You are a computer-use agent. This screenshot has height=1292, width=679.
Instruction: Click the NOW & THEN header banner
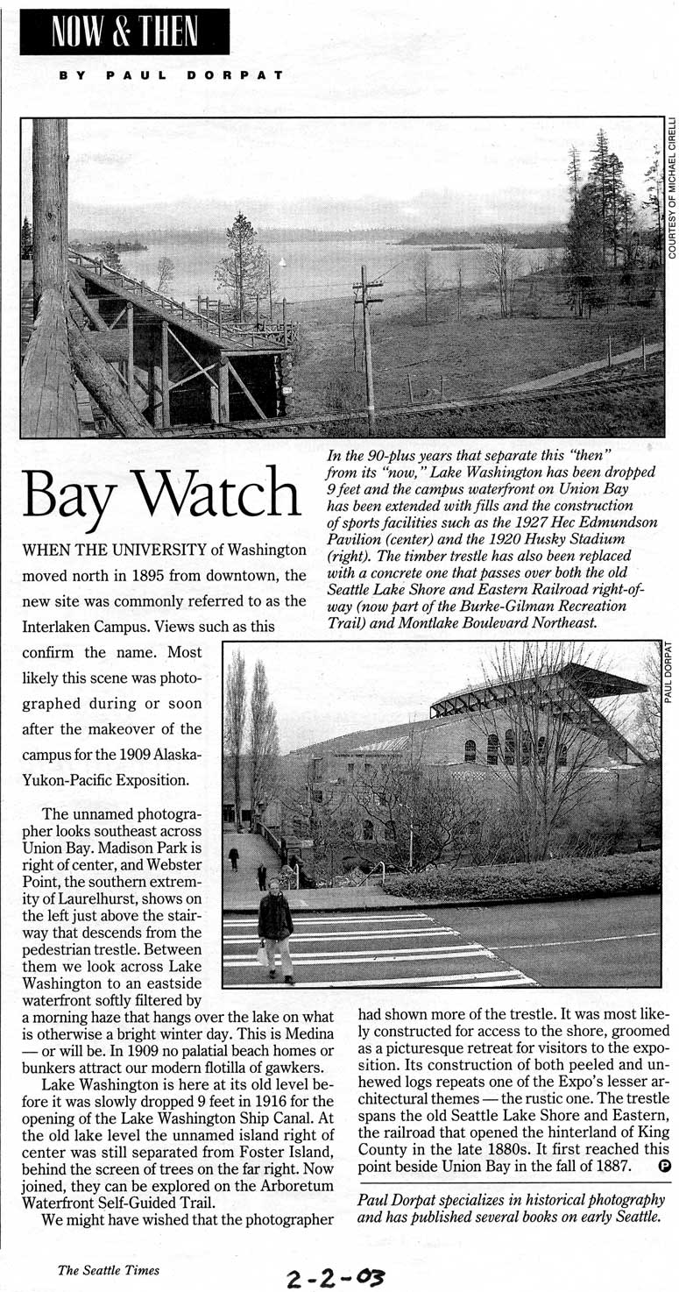click(x=124, y=32)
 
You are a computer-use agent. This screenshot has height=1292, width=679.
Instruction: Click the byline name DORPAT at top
click(x=235, y=75)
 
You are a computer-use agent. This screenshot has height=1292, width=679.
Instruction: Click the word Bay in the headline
click(x=69, y=496)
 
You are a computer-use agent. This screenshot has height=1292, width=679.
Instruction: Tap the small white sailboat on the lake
click(x=281, y=261)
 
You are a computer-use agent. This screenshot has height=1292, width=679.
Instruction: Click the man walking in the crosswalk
click(x=275, y=929)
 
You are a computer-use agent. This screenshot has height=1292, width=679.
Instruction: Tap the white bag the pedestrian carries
click(x=263, y=955)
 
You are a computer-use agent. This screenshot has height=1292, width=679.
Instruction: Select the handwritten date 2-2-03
click(x=335, y=1276)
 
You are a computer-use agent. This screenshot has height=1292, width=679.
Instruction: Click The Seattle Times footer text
click(x=109, y=1270)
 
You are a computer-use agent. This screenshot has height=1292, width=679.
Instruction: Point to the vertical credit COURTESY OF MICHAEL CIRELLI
click(x=672, y=188)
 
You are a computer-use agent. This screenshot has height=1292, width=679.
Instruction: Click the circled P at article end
click(x=663, y=1166)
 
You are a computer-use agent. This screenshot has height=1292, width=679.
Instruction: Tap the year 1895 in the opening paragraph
click(x=145, y=576)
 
